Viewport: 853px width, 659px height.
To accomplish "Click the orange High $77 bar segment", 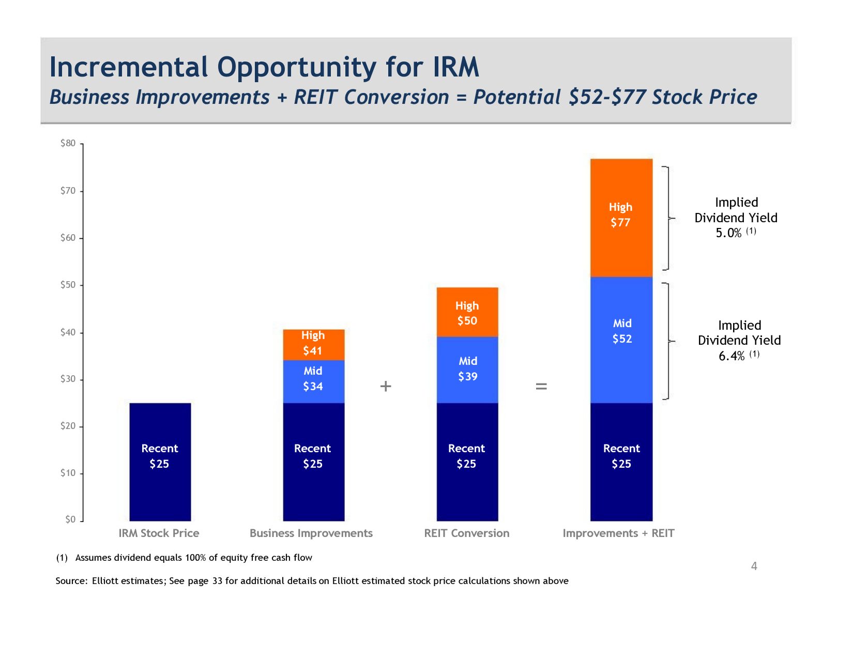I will (621, 217).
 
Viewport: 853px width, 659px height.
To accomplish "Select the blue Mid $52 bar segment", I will (621, 340).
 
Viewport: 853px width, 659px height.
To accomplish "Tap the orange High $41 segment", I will (313, 344).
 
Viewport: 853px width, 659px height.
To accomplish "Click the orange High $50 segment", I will (467, 312).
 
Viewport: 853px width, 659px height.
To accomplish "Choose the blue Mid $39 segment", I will (467, 370).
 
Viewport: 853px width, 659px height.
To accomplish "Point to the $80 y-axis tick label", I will (68, 143).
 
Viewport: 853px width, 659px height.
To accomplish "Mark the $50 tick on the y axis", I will (68, 285).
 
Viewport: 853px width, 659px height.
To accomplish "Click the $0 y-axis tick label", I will (70, 519).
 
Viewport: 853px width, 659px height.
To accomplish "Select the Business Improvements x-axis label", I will (311, 533).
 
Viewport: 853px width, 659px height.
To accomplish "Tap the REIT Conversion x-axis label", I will (466, 533).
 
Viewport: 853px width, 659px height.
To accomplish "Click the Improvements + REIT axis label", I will (618, 533).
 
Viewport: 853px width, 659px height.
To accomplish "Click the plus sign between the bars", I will (386, 386).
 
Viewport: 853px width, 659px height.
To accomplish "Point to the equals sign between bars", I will (541, 386).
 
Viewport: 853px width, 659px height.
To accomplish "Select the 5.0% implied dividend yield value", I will (728, 233).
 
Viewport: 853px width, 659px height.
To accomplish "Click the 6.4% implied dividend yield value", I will (731, 356).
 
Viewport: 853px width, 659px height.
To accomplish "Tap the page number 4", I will (754, 566).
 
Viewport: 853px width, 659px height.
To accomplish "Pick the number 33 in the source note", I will (217, 581).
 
